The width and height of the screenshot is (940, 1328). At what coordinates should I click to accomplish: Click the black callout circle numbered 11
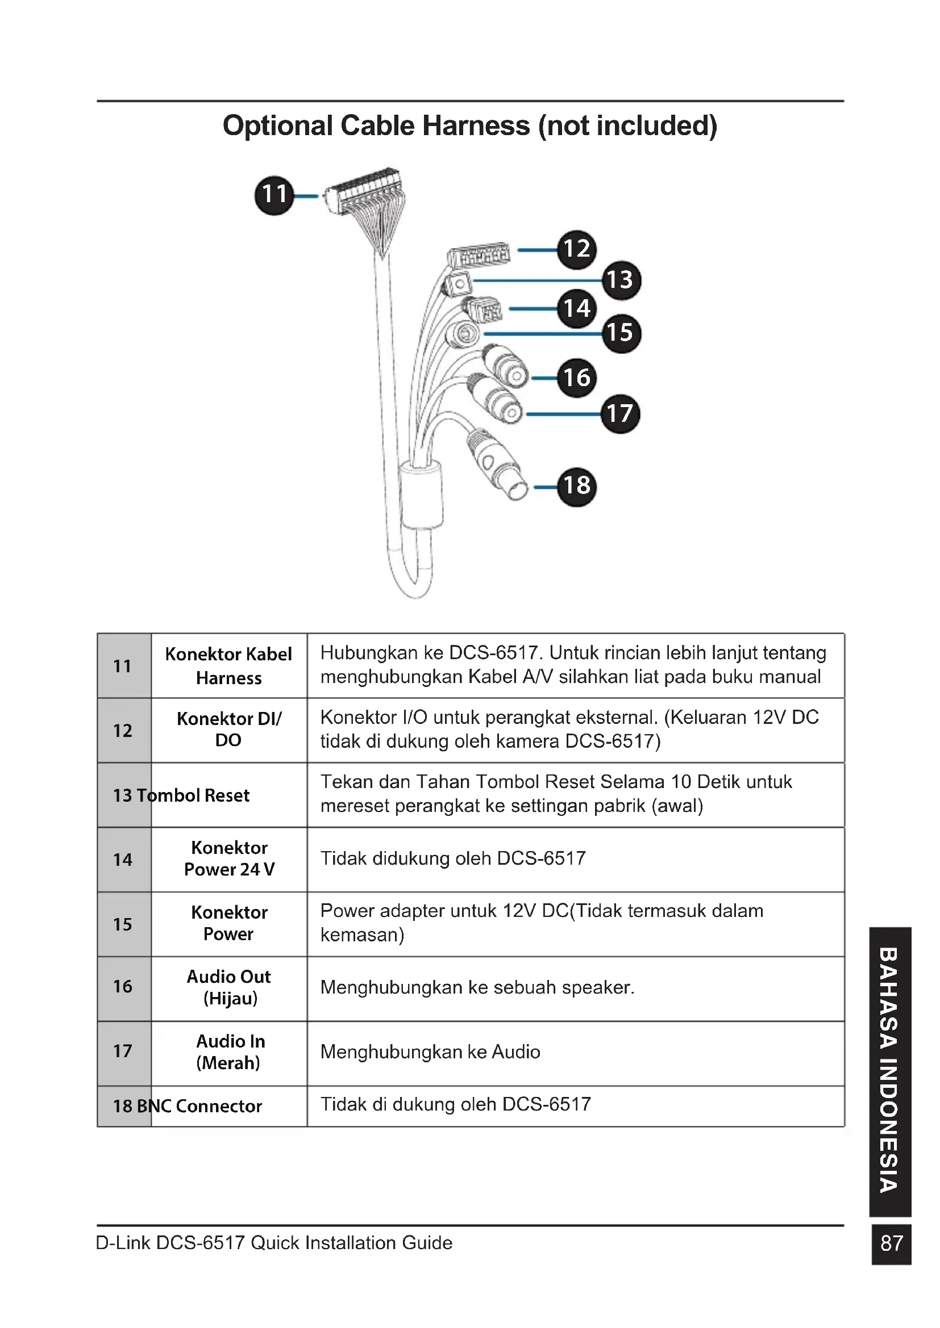[274, 195]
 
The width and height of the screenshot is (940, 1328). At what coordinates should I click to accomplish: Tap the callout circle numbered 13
[621, 280]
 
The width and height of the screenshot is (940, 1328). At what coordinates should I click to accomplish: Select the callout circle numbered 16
[576, 378]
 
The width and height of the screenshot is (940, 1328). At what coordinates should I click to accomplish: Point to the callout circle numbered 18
[576, 487]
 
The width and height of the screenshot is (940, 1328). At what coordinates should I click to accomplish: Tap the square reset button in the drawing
[459, 284]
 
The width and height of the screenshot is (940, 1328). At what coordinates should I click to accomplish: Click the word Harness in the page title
[475, 126]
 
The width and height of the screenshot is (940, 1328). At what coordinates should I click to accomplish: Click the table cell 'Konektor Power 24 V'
[229, 859]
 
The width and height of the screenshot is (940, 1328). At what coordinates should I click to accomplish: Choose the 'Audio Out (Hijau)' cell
[229, 987]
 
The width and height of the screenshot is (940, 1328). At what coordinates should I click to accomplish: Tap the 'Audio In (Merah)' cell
[229, 1052]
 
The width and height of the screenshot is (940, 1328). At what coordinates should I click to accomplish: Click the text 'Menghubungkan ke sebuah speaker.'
[477, 987]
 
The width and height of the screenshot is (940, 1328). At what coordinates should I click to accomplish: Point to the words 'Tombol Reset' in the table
[193, 795]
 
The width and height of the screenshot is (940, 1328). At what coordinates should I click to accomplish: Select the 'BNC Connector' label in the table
[199, 1106]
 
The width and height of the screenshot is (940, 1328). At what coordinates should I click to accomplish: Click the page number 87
[891, 1243]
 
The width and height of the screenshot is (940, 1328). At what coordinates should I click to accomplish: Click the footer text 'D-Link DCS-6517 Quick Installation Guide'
[274, 1243]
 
